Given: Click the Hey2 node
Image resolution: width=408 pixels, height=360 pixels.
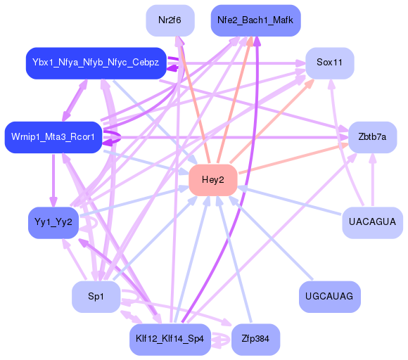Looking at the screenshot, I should pos(212,180).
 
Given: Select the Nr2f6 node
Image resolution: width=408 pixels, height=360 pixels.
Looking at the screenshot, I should pos(170,20).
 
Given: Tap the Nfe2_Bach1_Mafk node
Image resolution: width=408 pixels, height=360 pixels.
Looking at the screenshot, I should pos(256,20).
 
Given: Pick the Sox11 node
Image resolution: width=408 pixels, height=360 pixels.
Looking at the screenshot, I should pos(329,63).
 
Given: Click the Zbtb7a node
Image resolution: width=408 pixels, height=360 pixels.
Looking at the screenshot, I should pos(372,137).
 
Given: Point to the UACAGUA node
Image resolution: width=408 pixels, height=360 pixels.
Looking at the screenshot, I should pos(371,222).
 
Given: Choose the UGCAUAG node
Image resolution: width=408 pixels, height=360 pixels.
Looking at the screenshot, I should pos(329,297).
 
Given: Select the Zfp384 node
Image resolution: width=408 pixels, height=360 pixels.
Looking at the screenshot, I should pos(255,339).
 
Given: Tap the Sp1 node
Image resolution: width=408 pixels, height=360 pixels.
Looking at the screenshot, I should pos(96,297).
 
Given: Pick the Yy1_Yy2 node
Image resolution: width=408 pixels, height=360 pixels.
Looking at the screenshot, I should pos(53,222).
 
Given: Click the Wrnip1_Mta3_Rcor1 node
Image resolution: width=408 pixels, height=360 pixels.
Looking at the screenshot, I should pos(53,136).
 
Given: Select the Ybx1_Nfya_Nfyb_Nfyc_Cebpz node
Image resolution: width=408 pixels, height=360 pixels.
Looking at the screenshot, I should pos(95,63).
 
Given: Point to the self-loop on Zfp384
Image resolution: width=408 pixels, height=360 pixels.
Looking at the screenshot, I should pos(222,340).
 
